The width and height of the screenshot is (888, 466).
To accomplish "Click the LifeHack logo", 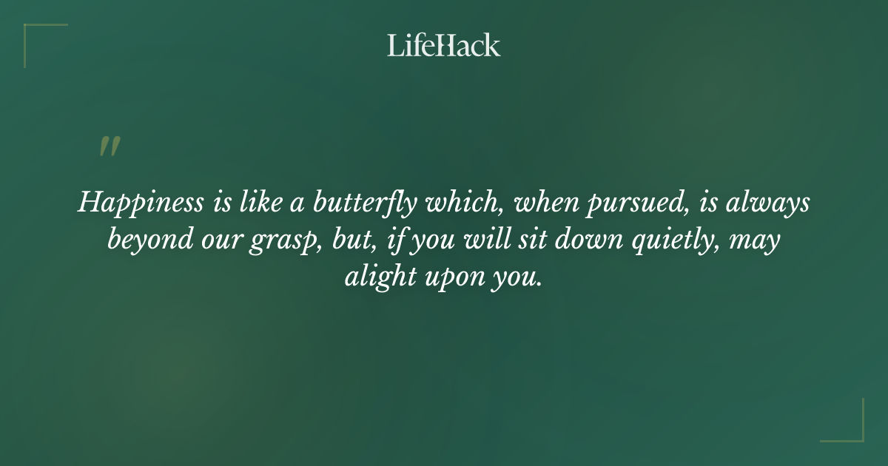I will pos(444,46).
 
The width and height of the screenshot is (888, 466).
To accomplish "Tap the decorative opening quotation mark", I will pos(110,146).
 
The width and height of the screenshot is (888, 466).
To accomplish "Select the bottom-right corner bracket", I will pos(851,429).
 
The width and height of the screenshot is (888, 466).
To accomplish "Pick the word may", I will pos(758,242).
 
